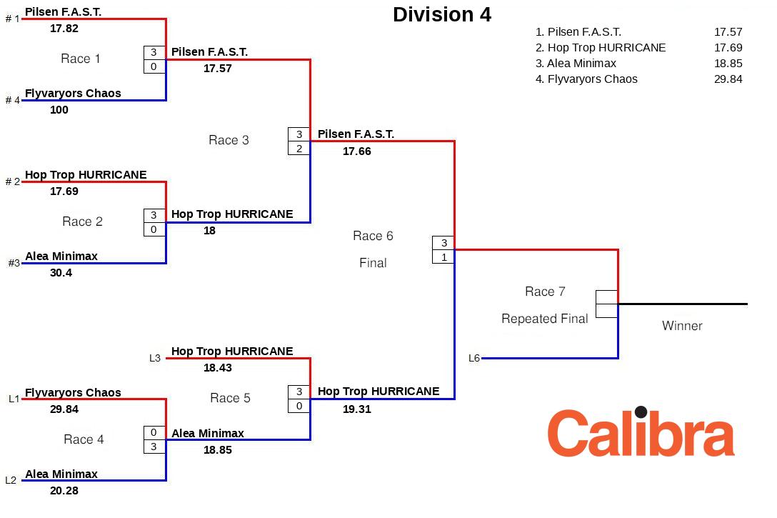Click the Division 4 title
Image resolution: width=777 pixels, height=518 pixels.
[x=442, y=15]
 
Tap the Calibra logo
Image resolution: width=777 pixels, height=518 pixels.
[x=641, y=433]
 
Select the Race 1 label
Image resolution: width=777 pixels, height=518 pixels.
[x=81, y=59]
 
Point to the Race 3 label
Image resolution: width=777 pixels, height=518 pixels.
[x=229, y=140]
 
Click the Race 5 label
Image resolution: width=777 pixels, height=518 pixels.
[x=230, y=398]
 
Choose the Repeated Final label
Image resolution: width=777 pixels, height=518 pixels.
[x=544, y=319]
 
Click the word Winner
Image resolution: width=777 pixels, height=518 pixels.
[x=682, y=326]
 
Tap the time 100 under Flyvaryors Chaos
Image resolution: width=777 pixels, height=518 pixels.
[x=59, y=110]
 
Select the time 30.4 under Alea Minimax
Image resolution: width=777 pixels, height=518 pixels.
[x=61, y=273]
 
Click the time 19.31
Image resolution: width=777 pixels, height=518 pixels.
[x=357, y=409]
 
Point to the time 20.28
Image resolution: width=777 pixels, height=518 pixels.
[x=64, y=491]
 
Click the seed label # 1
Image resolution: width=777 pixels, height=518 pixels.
[x=13, y=19]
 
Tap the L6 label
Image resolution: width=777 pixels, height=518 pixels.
[x=474, y=358]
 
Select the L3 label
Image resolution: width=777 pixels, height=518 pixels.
[x=155, y=358]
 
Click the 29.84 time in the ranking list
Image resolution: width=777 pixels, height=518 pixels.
[x=728, y=79]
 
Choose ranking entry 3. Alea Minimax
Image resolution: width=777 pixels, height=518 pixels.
[x=576, y=64]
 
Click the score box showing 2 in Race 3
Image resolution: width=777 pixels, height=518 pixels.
[x=299, y=149]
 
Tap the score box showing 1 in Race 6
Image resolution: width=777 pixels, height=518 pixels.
[x=443, y=257]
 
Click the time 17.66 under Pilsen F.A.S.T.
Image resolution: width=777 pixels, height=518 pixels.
[x=357, y=151]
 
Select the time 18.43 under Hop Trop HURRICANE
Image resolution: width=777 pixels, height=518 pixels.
[x=218, y=368]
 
